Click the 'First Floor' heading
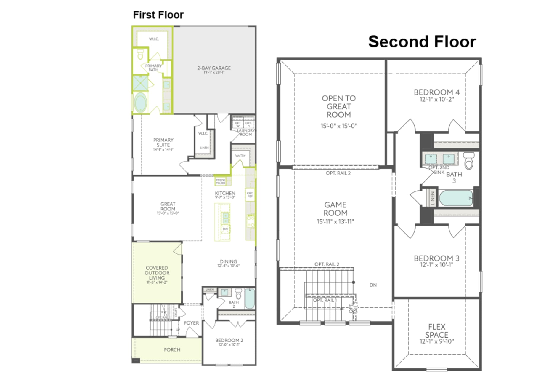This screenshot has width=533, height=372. tap(158, 15)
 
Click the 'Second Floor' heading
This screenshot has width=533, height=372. tap(422, 41)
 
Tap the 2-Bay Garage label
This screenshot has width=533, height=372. tap(214, 68)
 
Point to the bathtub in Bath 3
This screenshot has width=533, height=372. tap(455, 198)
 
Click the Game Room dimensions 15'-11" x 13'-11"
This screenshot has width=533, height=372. tap(335, 221)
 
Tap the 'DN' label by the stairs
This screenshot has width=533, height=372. tap(373, 285)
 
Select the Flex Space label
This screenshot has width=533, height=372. tap(436, 331)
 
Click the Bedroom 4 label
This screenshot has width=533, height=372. tap(436, 92)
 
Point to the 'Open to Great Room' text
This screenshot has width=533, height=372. tap(338, 106)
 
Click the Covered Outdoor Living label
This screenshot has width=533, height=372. tap(157, 273)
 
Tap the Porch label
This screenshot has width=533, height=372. tap(172, 350)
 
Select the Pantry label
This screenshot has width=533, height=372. tap(240, 156)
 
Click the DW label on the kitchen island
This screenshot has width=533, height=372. tap(225, 229)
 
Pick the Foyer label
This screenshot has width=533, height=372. tap(191, 323)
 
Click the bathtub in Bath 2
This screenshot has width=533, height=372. tap(249, 299)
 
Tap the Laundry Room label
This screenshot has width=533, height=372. tap(245, 132)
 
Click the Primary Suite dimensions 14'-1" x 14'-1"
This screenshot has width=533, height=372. tap(163, 150)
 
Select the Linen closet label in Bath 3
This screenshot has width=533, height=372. tap(432, 198)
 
